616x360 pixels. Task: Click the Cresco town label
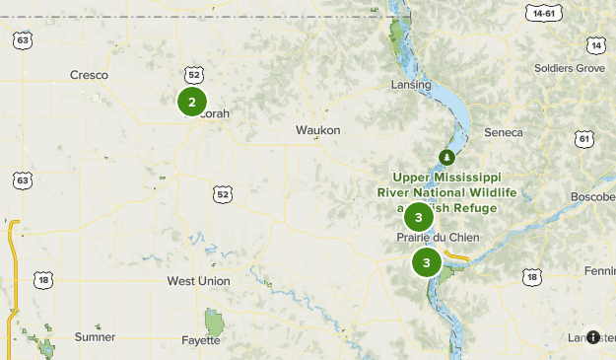tap(89, 75)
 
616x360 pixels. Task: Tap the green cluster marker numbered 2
tap(192, 101)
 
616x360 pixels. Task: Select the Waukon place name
tap(317, 130)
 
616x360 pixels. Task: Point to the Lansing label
tap(411, 85)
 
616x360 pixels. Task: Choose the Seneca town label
tap(504, 132)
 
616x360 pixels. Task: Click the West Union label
tap(198, 281)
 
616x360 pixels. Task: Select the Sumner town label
tap(95, 336)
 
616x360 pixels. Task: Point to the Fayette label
tap(201, 341)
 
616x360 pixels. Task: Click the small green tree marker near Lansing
tap(446, 157)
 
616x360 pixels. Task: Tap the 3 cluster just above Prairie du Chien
tap(419, 217)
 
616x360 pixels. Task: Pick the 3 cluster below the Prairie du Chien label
tap(426, 262)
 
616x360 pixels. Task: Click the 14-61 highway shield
tap(544, 14)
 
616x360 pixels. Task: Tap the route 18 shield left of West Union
tap(42, 281)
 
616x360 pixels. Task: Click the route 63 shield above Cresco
tap(23, 40)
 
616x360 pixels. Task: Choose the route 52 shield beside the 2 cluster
tap(194, 75)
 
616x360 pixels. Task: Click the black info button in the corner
tap(593, 337)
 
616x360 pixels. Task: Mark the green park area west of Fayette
tap(214, 322)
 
